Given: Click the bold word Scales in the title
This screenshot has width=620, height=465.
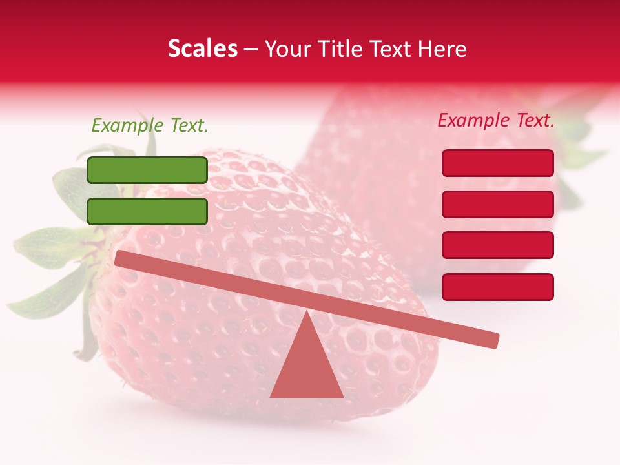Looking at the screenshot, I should [202, 48].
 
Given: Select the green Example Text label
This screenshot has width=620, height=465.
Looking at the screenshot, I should [150, 125].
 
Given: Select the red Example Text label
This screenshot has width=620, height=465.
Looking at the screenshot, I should [496, 120].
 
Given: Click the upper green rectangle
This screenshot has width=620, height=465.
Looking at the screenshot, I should [147, 170].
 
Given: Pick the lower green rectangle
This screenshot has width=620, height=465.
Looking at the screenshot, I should [147, 211].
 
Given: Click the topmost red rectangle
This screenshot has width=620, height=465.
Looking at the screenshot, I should [498, 163].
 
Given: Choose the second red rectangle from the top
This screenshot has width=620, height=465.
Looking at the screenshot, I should [498, 204].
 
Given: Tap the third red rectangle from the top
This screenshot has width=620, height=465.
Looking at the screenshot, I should [498, 245].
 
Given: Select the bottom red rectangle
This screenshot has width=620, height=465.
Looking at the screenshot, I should [498, 287].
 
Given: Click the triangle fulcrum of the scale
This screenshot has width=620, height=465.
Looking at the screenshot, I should [307, 368].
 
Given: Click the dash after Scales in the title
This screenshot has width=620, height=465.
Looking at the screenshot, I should [251, 50].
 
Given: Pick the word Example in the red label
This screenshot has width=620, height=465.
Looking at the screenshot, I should [475, 120].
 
